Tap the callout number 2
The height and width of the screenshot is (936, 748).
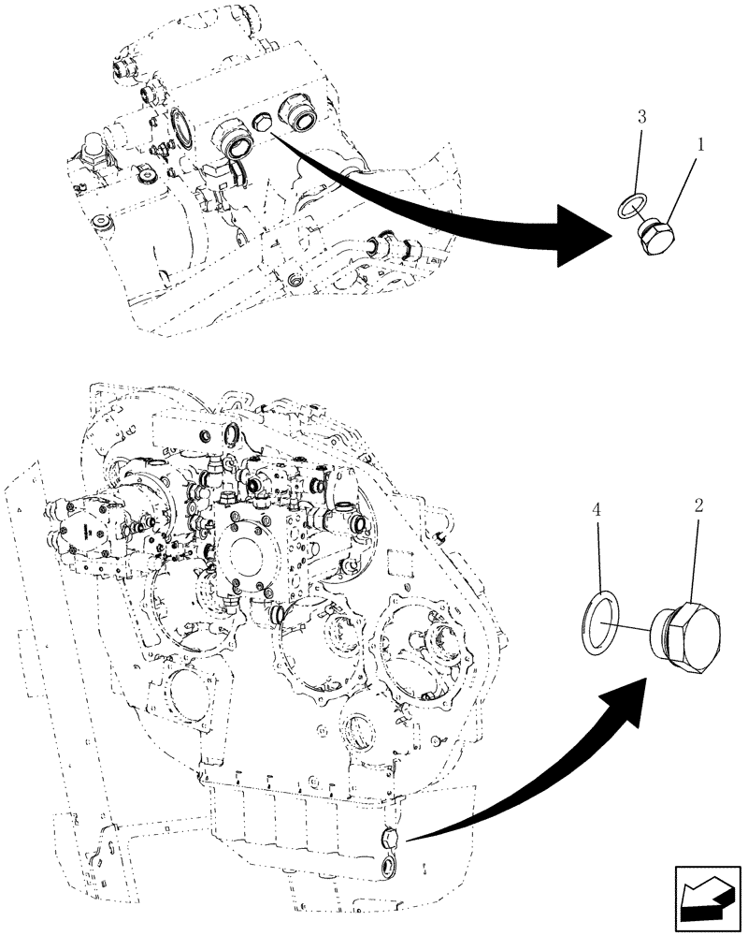(699, 506)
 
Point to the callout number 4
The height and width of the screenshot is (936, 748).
(595, 511)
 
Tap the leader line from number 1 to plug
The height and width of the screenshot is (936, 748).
(677, 193)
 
